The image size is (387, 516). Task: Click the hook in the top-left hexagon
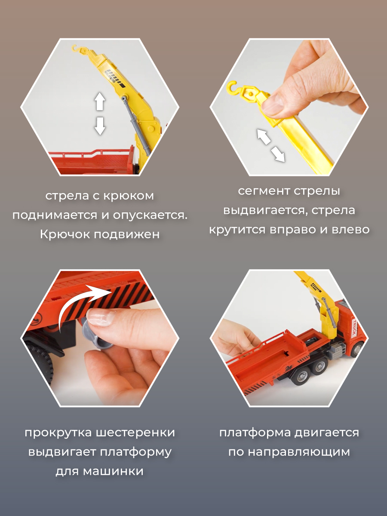[76, 49]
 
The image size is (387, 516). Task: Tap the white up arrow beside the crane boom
[100, 101]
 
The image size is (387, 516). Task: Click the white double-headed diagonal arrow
[271, 145]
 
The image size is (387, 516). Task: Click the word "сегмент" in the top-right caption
[264, 191]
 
